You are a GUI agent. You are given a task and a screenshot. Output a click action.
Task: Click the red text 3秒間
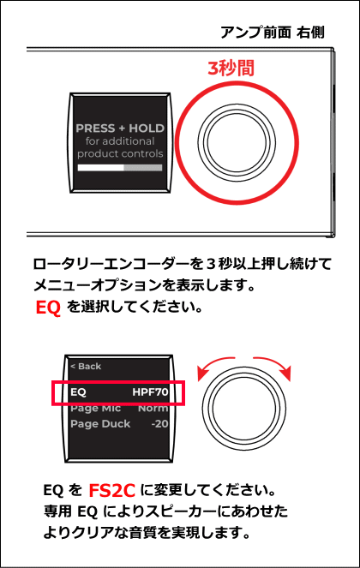231,68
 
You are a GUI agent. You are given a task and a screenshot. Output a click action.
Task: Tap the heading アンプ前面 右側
273,33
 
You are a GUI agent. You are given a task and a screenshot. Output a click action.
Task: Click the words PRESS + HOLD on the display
120,129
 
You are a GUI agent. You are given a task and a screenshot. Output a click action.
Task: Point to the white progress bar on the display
101,168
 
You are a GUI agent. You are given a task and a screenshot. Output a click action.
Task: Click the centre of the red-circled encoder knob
237,142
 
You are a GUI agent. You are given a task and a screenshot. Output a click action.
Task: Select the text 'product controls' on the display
120,153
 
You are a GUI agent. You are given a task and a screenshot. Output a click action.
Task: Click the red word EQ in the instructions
48,308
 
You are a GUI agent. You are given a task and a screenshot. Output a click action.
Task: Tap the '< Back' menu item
86,366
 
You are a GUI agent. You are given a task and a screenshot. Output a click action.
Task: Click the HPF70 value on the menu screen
150,392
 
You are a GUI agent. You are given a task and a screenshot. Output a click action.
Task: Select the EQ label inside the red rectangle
78,392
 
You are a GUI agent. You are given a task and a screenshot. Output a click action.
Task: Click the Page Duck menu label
100,424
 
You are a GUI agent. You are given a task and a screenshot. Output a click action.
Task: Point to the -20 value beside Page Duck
160,424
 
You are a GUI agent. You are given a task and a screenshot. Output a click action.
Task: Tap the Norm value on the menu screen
153,409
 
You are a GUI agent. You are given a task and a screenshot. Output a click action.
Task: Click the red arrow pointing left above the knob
212,363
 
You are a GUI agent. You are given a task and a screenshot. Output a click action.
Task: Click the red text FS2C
111,491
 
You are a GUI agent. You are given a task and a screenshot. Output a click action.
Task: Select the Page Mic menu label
96,409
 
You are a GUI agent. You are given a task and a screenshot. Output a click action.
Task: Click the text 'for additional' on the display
120,141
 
